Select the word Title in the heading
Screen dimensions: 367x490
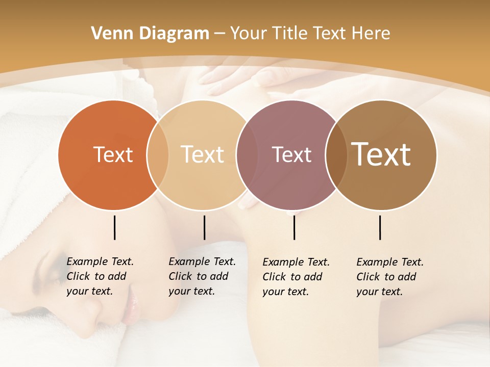pyautogui.click(x=289, y=34)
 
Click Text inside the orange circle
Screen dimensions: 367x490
pyautogui.click(x=113, y=155)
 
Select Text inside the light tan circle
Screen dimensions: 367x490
pyautogui.click(x=203, y=155)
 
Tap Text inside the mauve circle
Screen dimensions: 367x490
pyautogui.click(x=292, y=155)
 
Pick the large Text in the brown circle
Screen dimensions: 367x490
pyautogui.click(x=381, y=154)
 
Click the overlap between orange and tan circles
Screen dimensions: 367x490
pyautogui.click(x=158, y=155)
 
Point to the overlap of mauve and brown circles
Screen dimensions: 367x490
pyautogui.click(x=336, y=155)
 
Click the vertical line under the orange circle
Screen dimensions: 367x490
pyautogui.click(x=114, y=227)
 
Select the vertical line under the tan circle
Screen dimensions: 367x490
pyautogui.click(x=204, y=227)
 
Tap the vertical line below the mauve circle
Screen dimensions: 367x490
pyautogui.click(x=294, y=227)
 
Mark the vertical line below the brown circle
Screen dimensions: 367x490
pyautogui.click(x=380, y=227)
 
